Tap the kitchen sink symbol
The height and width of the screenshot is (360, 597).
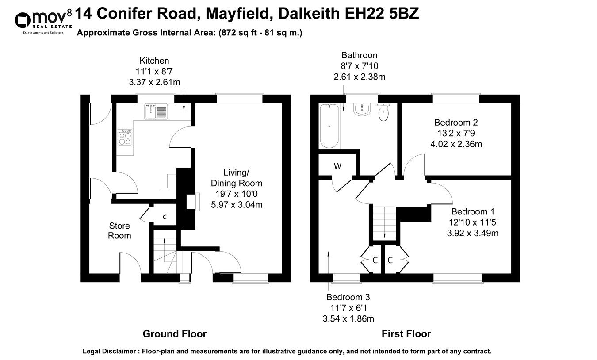click(x=155, y=111)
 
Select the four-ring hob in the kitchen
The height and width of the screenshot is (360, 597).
click(x=125, y=139)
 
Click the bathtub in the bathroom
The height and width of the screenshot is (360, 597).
click(x=329, y=126)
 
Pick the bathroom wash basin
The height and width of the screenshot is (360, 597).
click(x=362, y=109)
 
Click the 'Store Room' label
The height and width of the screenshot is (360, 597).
click(x=119, y=231)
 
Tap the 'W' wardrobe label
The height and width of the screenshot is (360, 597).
click(x=337, y=167)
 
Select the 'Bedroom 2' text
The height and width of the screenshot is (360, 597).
click(x=456, y=123)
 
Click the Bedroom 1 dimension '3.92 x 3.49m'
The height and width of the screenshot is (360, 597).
click(x=472, y=233)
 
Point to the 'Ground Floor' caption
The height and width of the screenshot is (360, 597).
click(x=174, y=334)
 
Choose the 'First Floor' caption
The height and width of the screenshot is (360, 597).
click(x=406, y=334)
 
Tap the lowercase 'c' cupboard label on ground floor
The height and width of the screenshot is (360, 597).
click(x=165, y=217)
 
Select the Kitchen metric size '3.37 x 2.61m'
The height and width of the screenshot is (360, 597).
click(x=154, y=82)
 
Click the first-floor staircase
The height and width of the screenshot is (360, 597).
click(x=383, y=223)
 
